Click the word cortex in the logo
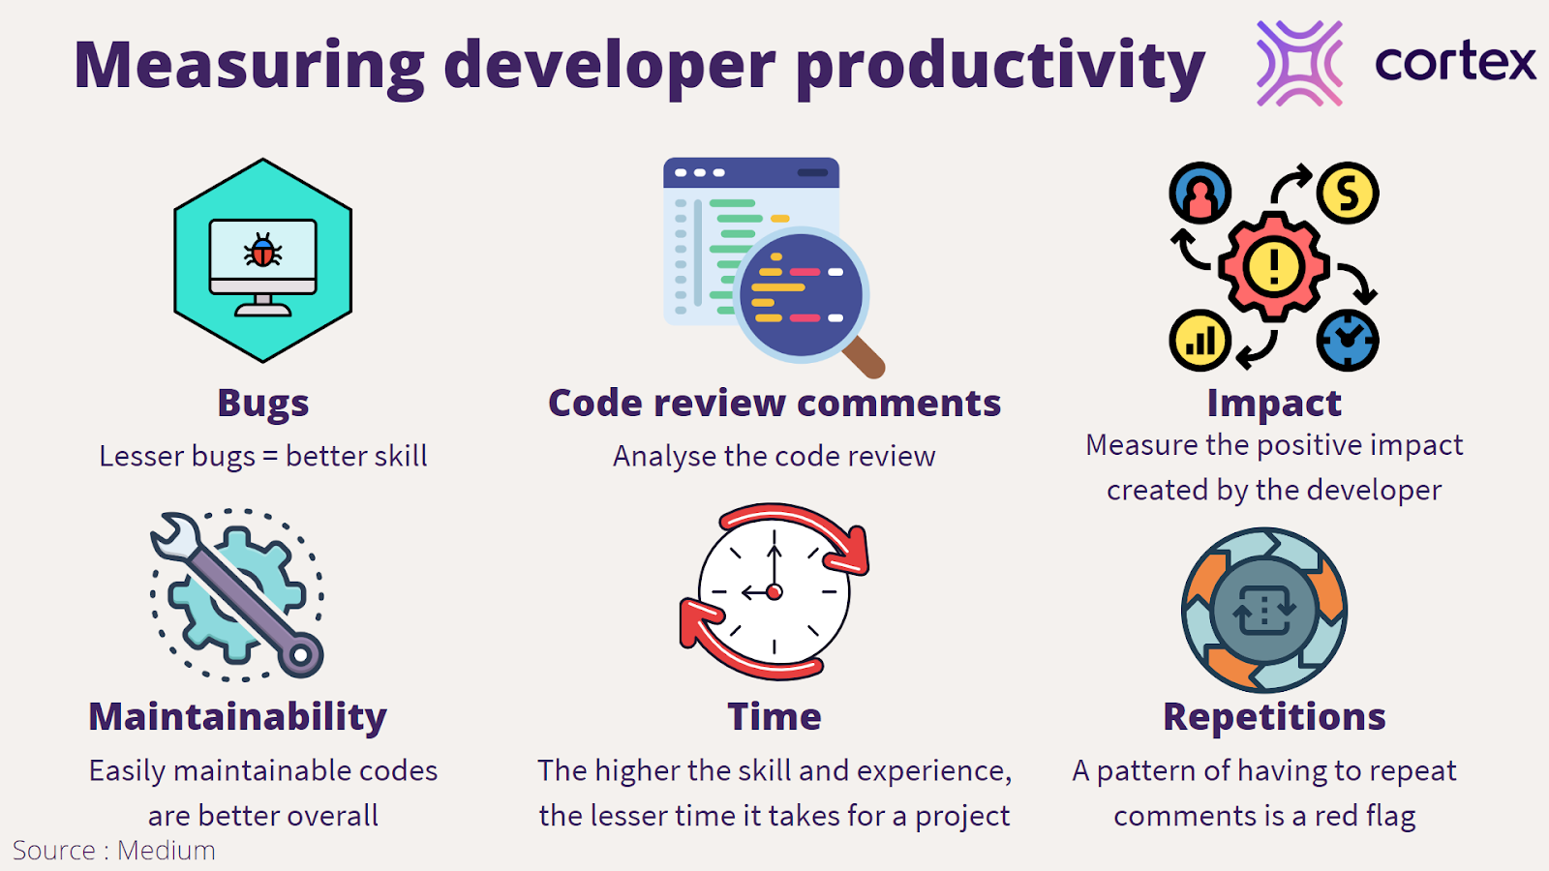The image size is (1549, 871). [1456, 63]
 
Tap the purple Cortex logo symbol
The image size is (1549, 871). [1299, 63]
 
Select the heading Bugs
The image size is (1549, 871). [262, 403]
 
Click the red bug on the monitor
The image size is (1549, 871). [262, 250]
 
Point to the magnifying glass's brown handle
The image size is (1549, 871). [865, 357]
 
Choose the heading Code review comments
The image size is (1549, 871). [774, 403]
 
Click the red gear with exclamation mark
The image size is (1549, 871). [1274, 266]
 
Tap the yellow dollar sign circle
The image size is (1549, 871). [1347, 193]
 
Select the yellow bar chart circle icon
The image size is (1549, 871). [1200, 340]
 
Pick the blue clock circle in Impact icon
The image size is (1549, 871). [1347, 340]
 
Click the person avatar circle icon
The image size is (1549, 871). [1200, 193]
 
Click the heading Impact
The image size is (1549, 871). [1274, 404]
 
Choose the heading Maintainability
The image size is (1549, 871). [237, 717]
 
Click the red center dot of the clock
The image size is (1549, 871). [774, 591]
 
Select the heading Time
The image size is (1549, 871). [774, 716]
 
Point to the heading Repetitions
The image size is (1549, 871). [1274, 717]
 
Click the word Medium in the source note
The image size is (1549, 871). [166, 851]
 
